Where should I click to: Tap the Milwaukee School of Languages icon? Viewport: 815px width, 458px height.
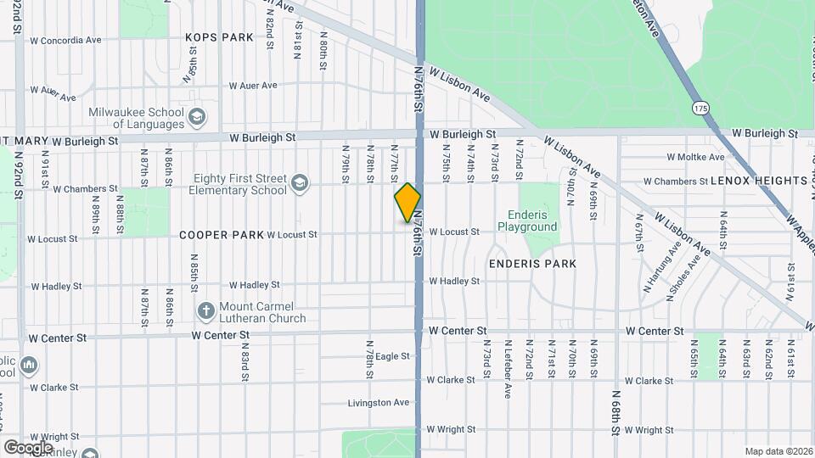(x=197, y=117)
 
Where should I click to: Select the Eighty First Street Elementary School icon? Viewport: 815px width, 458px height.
(x=299, y=183)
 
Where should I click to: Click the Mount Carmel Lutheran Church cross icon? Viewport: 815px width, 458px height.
(x=205, y=311)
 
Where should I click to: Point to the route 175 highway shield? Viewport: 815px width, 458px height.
(x=700, y=109)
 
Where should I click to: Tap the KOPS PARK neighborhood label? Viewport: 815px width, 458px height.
(x=220, y=37)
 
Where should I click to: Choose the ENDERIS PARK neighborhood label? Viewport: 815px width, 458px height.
(x=532, y=264)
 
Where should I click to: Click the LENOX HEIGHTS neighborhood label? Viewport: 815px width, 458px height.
(x=759, y=181)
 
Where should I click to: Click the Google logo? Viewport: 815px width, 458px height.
(x=29, y=447)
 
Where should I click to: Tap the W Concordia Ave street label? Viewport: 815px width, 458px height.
(x=65, y=40)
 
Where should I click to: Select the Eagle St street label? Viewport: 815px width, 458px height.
(x=393, y=356)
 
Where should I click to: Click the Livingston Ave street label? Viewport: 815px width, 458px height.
(x=379, y=402)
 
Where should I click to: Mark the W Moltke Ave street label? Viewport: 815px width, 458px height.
(x=695, y=157)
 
